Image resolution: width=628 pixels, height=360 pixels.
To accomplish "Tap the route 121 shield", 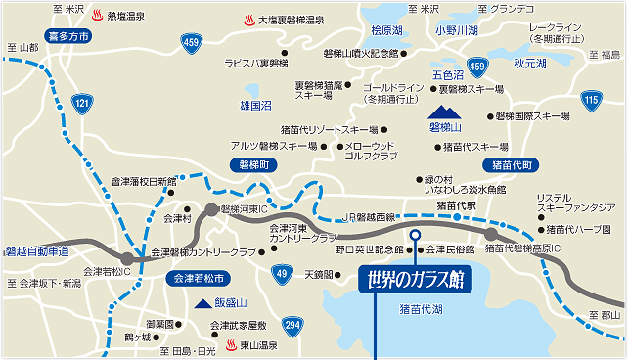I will pyautogui.click(x=83, y=103).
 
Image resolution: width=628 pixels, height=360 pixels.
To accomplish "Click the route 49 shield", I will pyautogui.click(x=282, y=273).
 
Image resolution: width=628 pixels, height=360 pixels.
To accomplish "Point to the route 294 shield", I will pyautogui.click(x=292, y=323).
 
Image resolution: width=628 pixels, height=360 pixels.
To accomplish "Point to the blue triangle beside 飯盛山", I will pyautogui.click(x=202, y=304).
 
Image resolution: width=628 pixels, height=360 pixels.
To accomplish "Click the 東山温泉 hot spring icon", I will pyautogui.click(x=232, y=344).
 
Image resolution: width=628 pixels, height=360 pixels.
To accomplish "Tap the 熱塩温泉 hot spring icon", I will pyautogui.click(x=97, y=16).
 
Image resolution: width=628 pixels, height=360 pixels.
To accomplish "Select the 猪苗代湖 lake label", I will pyautogui.click(x=422, y=309).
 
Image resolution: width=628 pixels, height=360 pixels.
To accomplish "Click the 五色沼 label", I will pyautogui.click(x=446, y=73).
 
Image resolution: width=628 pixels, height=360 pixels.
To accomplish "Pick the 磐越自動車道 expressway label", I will pyautogui.click(x=36, y=251).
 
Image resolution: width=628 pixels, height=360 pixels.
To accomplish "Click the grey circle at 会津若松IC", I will pyautogui.click(x=128, y=258).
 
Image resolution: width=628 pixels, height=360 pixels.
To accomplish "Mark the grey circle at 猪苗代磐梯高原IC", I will pyautogui.click(x=491, y=233).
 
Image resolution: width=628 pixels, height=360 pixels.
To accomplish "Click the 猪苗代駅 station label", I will pyautogui.click(x=457, y=206).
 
